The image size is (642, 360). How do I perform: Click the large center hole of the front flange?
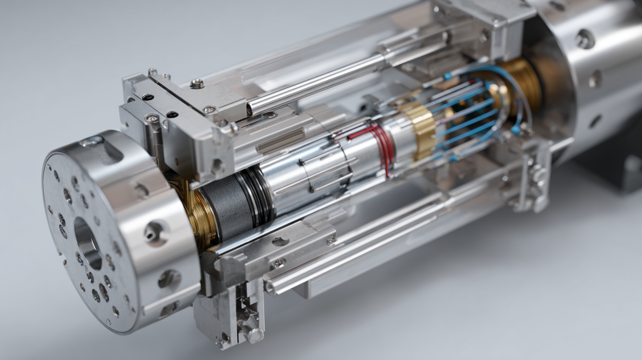coord(87,242)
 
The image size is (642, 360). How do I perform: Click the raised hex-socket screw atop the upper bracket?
coord(197,83)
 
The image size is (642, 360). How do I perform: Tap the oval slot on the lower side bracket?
coord(280,241)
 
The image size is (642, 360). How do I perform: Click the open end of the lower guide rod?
coord(269,288)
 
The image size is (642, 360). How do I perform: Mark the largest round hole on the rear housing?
coord(585,39)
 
